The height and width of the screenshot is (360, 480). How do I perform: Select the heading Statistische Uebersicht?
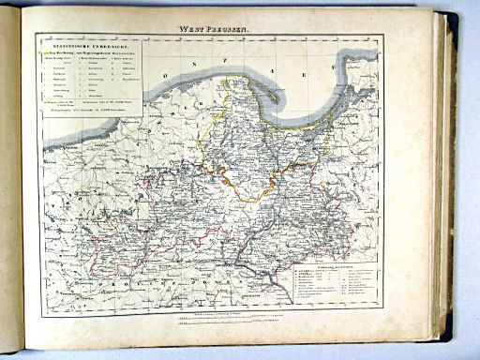pyautogui.click(x=89, y=42)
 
